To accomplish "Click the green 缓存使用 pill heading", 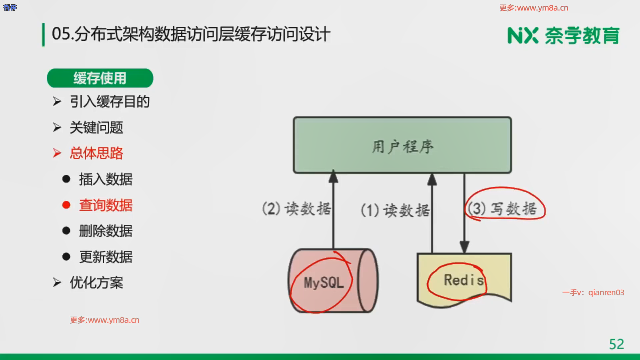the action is (x=100, y=78).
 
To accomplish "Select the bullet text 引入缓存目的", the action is (x=109, y=102).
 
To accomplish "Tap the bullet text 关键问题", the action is (x=96, y=128).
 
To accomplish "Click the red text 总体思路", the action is (x=96, y=153).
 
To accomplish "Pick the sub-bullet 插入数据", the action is (x=106, y=179).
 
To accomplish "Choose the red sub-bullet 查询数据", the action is (x=106, y=205).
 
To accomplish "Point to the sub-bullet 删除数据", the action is (x=106, y=231).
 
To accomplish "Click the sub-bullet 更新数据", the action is (x=106, y=257).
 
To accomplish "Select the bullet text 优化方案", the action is (x=96, y=283).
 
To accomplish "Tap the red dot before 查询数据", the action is (x=66, y=205).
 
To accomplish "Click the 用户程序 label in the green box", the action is (x=402, y=147).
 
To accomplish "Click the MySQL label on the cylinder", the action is (x=324, y=283).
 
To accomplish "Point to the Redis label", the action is (x=464, y=280).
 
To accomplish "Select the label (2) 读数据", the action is (x=296, y=209).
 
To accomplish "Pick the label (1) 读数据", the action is (x=395, y=210).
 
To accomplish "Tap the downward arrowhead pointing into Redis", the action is (x=464, y=247).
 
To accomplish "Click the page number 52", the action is (x=616, y=344).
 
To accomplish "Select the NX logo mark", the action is (x=523, y=36).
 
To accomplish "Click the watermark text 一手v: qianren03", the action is (x=593, y=293).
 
